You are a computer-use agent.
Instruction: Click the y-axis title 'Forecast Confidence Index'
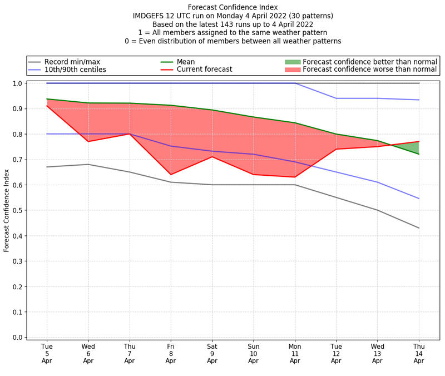[x=7, y=210]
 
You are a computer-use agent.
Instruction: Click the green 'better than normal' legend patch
[x=292, y=62]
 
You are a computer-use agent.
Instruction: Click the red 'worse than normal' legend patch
[x=292, y=70]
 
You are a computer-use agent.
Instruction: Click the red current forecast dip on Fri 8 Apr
[x=171, y=175]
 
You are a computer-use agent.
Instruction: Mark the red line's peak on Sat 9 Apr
[x=212, y=157]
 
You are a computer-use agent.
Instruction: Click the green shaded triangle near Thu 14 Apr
[x=414, y=147]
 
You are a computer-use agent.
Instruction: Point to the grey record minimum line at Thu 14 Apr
[x=419, y=228]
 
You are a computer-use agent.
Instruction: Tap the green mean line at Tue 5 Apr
[x=47, y=99]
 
